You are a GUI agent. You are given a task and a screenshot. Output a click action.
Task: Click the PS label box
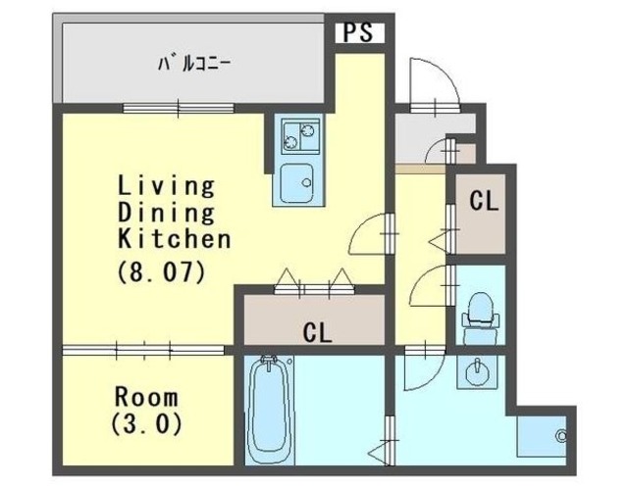pyautogui.click(x=359, y=32)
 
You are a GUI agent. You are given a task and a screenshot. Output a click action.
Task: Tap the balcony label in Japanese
pyautogui.click(x=194, y=64)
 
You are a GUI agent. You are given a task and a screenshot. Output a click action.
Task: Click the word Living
pyautogui.click(x=166, y=187)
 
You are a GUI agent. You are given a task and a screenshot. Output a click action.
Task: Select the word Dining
pyautogui.click(x=166, y=213)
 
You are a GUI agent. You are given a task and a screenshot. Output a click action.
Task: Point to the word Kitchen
pyautogui.click(x=175, y=239)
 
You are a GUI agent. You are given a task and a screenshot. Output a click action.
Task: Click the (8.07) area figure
pyautogui.click(x=161, y=271)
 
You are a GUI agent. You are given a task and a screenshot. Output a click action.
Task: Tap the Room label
pyautogui.click(x=146, y=397)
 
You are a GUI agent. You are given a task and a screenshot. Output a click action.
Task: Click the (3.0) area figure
pyautogui.click(x=146, y=424)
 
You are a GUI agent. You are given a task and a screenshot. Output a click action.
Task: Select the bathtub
pyautogui.click(x=269, y=410)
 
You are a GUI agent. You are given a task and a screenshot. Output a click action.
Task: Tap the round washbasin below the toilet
pyautogui.click(x=477, y=371)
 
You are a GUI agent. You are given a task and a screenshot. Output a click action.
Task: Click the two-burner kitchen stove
pyautogui.click(x=300, y=136)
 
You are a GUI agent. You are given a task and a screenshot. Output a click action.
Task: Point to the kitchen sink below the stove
pyautogui.click(x=296, y=183)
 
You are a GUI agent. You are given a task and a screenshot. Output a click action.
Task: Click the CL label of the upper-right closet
pyautogui.click(x=484, y=201)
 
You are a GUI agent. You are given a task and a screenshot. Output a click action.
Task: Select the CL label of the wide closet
pyautogui.click(x=317, y=332)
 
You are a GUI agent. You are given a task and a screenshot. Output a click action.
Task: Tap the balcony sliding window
pyautogui.click(x=179, y=108)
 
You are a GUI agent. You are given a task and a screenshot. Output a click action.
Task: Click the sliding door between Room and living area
pyautogui.click(x=143, y=350)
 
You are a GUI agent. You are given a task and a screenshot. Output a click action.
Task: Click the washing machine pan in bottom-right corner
pyautogui.click(x=542, y=436)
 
